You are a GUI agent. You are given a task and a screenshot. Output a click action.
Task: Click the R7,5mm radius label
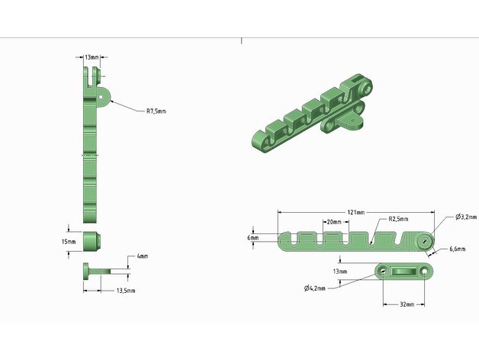point(156,111)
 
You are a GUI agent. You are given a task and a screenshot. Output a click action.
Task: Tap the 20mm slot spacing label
point(333,222)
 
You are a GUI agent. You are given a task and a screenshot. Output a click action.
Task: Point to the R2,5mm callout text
point(398,219)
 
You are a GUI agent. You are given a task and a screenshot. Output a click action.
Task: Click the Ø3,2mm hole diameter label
point(466,217)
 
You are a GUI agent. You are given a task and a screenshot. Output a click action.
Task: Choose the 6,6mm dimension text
point(458,249)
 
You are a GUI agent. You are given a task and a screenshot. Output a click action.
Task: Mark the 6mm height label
point(252,238)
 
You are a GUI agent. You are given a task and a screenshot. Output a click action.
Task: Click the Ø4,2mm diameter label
point(314,288)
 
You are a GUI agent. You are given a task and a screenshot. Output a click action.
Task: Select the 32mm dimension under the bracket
point(407,304)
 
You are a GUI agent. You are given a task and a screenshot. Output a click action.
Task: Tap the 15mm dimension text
point(69,242)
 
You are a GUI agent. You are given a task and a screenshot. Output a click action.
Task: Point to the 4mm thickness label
point(142,256)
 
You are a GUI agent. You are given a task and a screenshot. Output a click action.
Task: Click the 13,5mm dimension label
point(126,291)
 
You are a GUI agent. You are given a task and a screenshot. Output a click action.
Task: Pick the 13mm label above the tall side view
point(92,57)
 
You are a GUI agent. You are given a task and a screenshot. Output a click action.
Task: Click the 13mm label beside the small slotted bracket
point(339,271)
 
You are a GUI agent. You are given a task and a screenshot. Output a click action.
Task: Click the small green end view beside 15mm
point(93,241)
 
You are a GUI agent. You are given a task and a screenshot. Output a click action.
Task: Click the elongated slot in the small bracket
point(404,271)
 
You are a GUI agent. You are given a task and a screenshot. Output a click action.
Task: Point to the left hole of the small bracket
point(383,271)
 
